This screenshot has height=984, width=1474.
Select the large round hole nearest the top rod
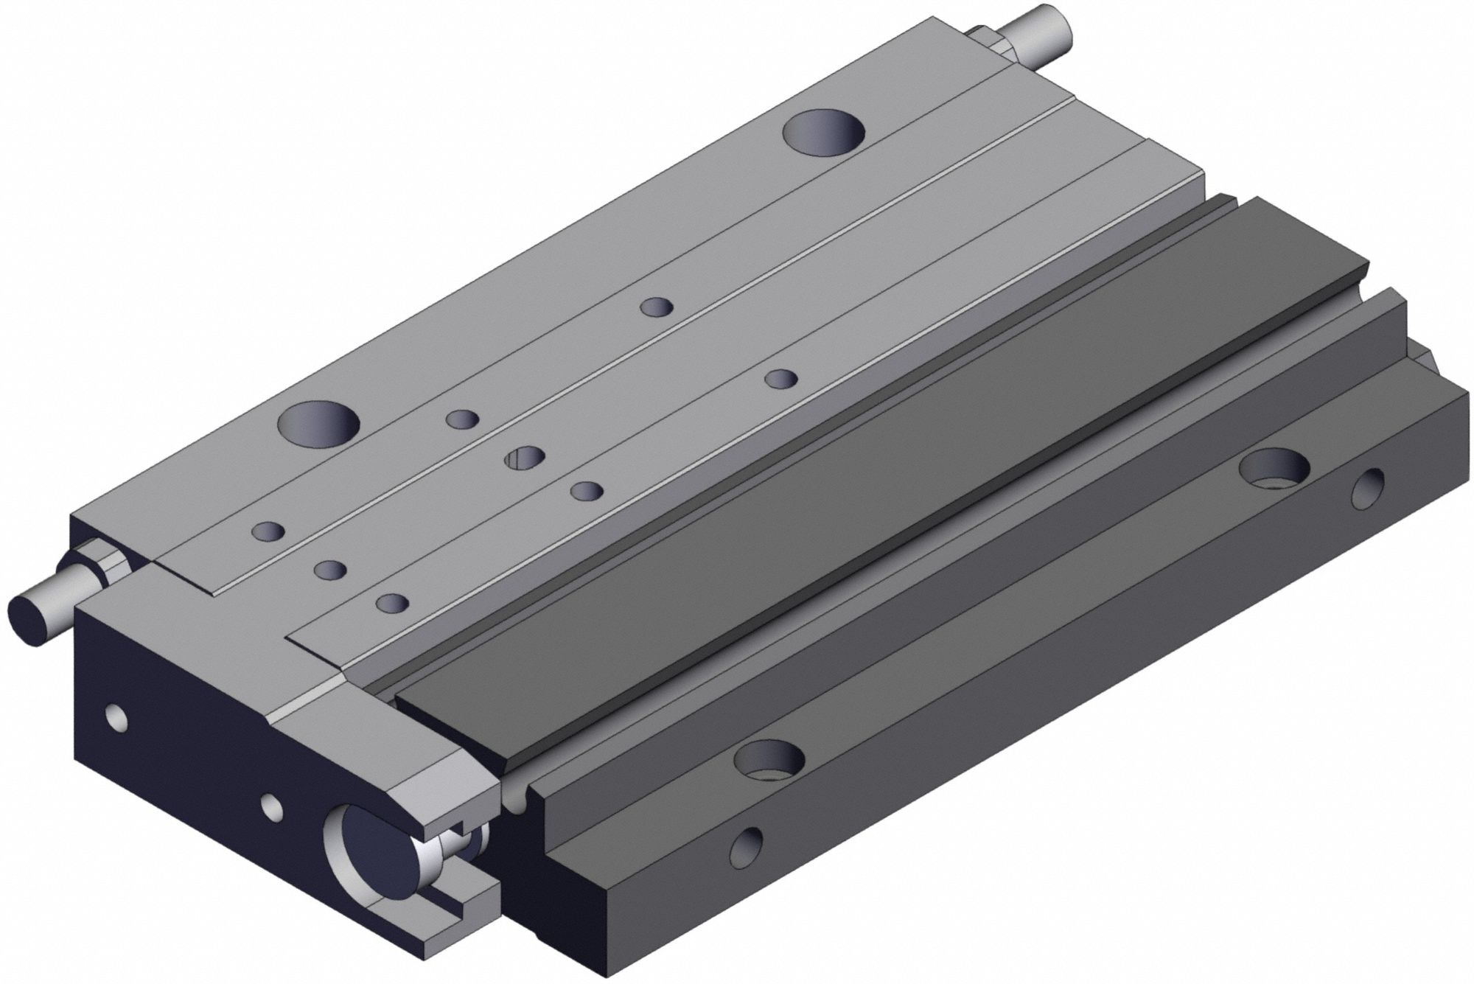824,133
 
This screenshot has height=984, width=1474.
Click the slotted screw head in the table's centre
525,458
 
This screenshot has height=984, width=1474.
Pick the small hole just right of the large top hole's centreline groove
657,307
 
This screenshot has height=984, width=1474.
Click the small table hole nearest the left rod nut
269,531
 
